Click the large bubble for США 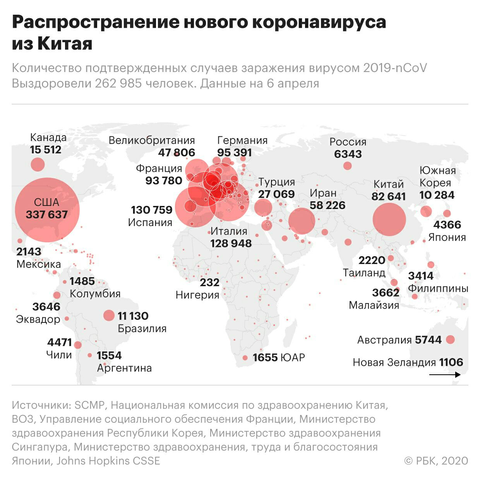pyautogui.click(x=47, y=210)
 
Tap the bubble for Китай pyautogui.click(x=389, y=219)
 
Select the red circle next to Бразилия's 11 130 pyautogui.click(x=109, y=315)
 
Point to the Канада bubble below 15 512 pyautogui.click(x=38, y=165)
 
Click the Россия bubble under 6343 pyautogui.click(x=347, y=166)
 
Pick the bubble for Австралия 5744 pyautogui.click(x=450, y=339)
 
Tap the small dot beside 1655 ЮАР pyautogui.click(x=245, y=358)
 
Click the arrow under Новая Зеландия pyautogui.click(x=445, y=374)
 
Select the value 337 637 pyautogui.click(x=47, y=214)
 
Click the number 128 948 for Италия pyautogui.click(x=231, y=243)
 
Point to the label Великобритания pyautogui.click(x=152, y=140)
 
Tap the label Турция pyautogui.click(x=277, y=182)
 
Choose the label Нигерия pyautogui.click(x=197, y=295)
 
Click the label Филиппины pyautogui.click(x=438, y=288)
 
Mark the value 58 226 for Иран pyautogui.click(x=327, y=205)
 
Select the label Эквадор pyautogui.click(x=38, y=319)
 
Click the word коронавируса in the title pyautogui.click(x=319, y=22)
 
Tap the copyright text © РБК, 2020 pyautogui.click(x=436, y=461)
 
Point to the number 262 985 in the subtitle pyautogui.click(x=118, y=84)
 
